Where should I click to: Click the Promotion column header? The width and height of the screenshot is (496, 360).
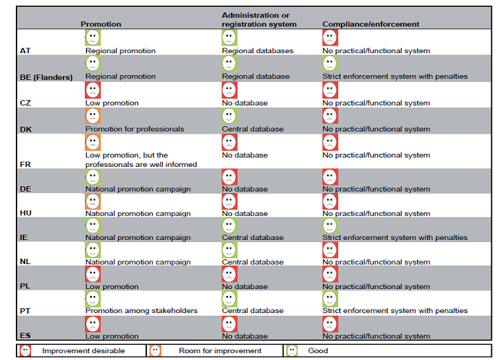click(101, 24)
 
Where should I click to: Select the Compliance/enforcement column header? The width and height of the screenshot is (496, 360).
click(370, 24)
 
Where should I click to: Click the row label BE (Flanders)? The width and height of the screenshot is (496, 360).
click(46, 77)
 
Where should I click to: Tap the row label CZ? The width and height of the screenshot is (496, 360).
click(26, 103)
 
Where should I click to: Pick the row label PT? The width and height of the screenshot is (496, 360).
click(26, 311)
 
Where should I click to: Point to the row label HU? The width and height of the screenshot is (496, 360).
click(26, 214)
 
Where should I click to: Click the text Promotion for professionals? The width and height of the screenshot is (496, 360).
click(135, 129)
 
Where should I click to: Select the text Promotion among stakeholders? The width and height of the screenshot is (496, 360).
click(141, 310)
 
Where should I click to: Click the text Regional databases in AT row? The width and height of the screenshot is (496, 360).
click(257, 50)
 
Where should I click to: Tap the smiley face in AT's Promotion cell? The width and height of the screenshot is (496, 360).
click(92, 38)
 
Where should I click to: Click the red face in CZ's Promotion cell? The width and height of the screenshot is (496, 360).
click(92, 90)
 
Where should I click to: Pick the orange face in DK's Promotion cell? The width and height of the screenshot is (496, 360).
click(92, 116)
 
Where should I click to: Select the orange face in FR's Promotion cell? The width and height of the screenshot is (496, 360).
click(92, 142)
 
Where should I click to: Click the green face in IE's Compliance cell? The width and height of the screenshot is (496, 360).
click(330, 226)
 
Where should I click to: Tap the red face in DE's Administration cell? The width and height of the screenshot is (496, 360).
click(229, 177)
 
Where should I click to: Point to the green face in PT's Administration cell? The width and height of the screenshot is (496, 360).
click(229, 298)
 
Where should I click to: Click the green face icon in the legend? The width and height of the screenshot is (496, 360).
click(292, 350)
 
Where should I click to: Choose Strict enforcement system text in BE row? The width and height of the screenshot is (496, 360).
click(395, 77)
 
